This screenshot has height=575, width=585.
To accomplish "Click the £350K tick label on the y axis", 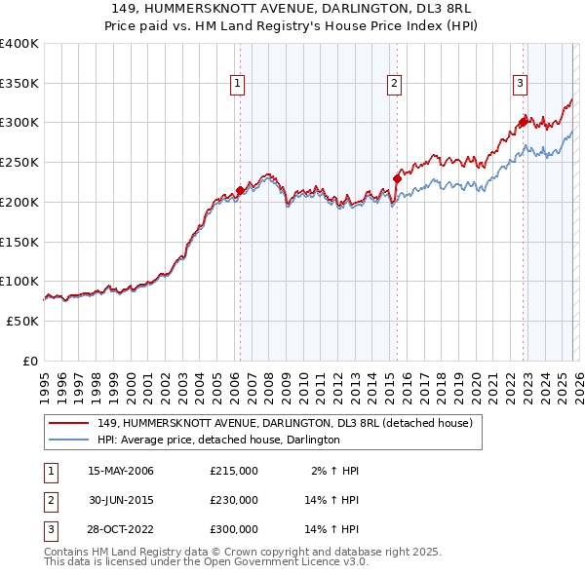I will (x=19, y=83).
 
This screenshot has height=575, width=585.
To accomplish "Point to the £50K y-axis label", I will (x=22, y=321).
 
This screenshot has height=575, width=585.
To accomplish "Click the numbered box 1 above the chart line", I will (x=238, y=85).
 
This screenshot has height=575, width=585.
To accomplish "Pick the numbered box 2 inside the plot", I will (x=395, y=85).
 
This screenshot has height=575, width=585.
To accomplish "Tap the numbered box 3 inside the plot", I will (x=521, y=85).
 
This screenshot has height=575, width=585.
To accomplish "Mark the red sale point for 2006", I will (x=240, y=191).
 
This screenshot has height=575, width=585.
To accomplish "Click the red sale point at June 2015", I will (x=397, y=178).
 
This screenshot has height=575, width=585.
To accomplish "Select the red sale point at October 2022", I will (x=523, y=123).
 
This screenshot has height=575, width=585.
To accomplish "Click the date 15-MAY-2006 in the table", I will (x=121, y=471).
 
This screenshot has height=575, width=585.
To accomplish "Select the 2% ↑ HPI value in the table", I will (x=335, y=471).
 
